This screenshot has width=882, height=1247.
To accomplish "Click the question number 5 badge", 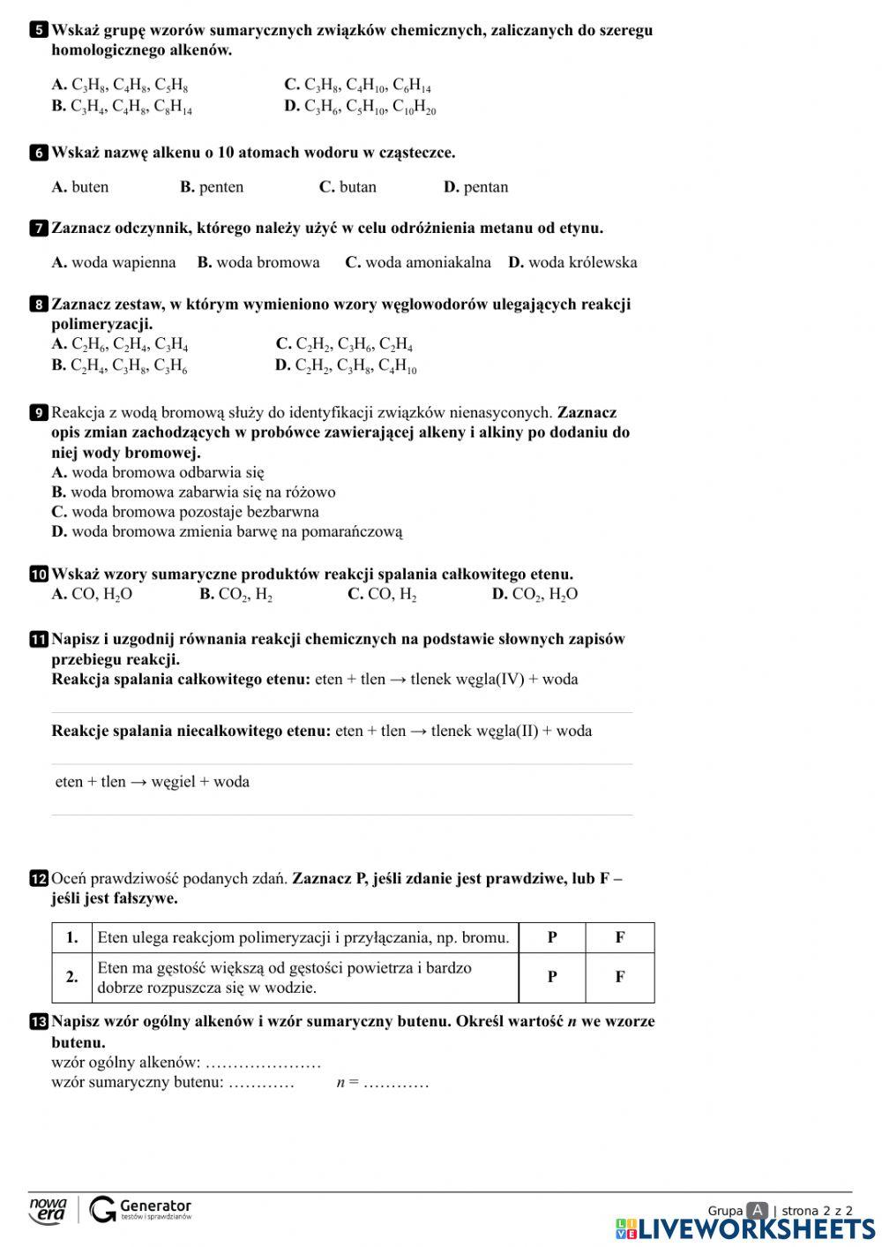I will tap(38, 31).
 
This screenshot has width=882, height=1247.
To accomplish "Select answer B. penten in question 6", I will tap(212, 187).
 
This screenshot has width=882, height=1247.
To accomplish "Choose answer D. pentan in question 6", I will tap(475, 187).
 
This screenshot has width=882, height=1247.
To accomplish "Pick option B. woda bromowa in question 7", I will tap(258, 262).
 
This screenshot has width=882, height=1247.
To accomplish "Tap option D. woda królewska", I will tap(572, 262).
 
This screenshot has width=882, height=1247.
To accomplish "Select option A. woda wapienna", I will tap(114, 262).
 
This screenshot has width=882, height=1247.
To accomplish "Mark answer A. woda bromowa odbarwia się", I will tap(158, 472).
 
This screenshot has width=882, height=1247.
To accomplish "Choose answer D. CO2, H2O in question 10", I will tap(534, 595).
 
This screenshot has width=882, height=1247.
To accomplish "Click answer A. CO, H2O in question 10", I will tap(92, 595).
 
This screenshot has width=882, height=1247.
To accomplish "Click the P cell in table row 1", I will tap(552, 937).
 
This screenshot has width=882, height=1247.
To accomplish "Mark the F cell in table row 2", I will tap(620, 977).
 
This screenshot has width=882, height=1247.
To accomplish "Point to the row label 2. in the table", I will tap(71, 977).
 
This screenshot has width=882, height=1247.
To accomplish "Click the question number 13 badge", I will tap(39, 1022).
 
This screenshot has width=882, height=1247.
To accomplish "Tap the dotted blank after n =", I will tap(396, 1083).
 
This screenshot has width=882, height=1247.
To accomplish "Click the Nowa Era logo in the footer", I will tap(48, 1210).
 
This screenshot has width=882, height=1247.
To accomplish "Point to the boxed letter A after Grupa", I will tap(756, 1211).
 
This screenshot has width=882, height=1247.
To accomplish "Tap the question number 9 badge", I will tap(38, 413).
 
